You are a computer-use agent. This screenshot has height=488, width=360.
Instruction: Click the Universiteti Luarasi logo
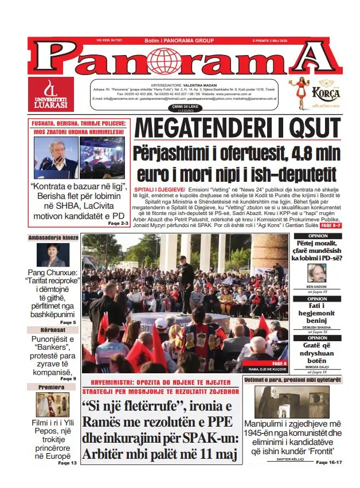(51, 94)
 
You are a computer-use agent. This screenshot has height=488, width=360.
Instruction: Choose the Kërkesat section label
(52, 330)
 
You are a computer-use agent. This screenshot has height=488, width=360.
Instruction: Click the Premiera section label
(52, 387)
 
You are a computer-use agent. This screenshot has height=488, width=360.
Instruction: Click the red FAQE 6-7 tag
(331, 225)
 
